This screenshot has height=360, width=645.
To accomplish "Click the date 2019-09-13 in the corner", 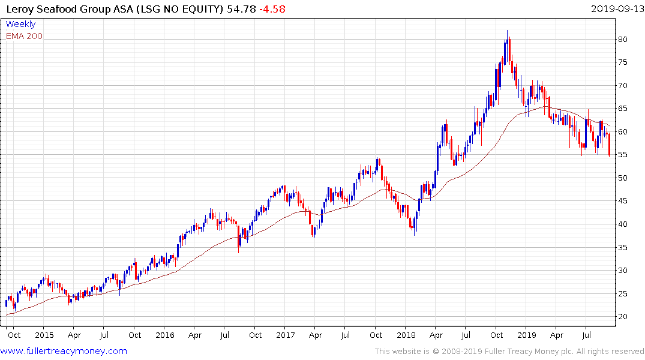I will point(616,9).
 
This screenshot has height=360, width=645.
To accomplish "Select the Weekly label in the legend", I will point(20,24).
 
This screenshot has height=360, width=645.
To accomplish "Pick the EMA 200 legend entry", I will point(24,36).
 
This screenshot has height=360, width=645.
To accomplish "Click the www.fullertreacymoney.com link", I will point(65,351).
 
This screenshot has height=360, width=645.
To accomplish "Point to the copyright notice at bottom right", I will point(509,352).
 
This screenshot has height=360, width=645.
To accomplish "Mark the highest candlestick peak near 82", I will point(507,31).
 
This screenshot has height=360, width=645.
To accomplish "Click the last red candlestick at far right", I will point(609,145).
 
